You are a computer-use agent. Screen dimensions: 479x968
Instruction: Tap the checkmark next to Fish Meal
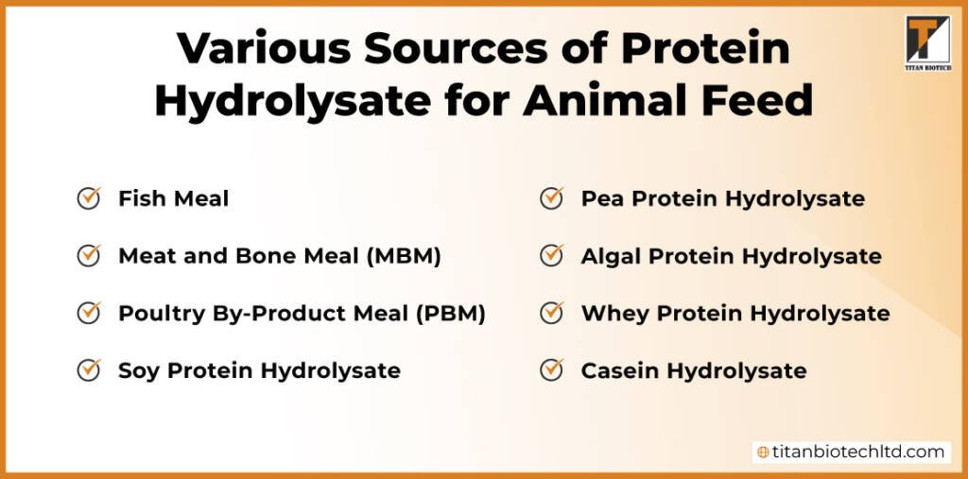click(89, 198)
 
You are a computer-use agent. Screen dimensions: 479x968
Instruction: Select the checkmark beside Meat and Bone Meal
click(89, 255)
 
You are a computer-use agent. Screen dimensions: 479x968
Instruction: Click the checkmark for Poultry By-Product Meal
click(89, 313)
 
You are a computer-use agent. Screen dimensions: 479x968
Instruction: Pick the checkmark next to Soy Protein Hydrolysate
click(89, 369)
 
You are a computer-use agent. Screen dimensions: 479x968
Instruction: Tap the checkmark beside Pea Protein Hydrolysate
click(552, 198)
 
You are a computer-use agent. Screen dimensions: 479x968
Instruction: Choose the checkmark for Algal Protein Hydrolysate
click(552, 255)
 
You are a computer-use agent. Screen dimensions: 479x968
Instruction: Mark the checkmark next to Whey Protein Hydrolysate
click(552, 313)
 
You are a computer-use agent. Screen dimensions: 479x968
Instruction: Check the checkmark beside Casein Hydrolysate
click(552, 369)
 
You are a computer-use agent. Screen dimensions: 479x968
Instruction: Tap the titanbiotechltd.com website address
click(858, 452)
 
